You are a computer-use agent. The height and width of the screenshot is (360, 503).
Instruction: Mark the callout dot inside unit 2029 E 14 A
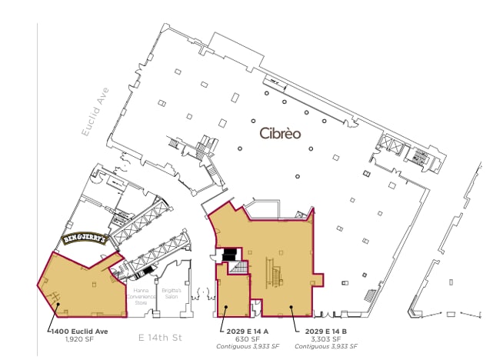(x=225, y=308)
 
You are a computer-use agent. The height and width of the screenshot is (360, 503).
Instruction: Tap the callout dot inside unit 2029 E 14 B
(x=291, y=308)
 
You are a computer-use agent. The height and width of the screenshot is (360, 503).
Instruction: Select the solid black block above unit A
(x=228, y=254)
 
